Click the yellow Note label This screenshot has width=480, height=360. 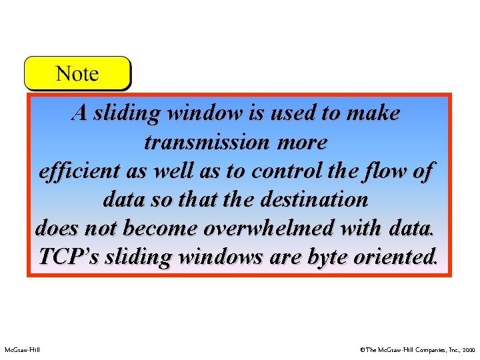(x=77, y=73)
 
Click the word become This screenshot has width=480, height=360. (x=160, y=228)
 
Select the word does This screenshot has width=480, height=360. (x=52, y=228)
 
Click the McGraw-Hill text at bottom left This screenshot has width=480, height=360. (x=22, y=349)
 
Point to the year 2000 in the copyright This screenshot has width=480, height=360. (x=468, y=349)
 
